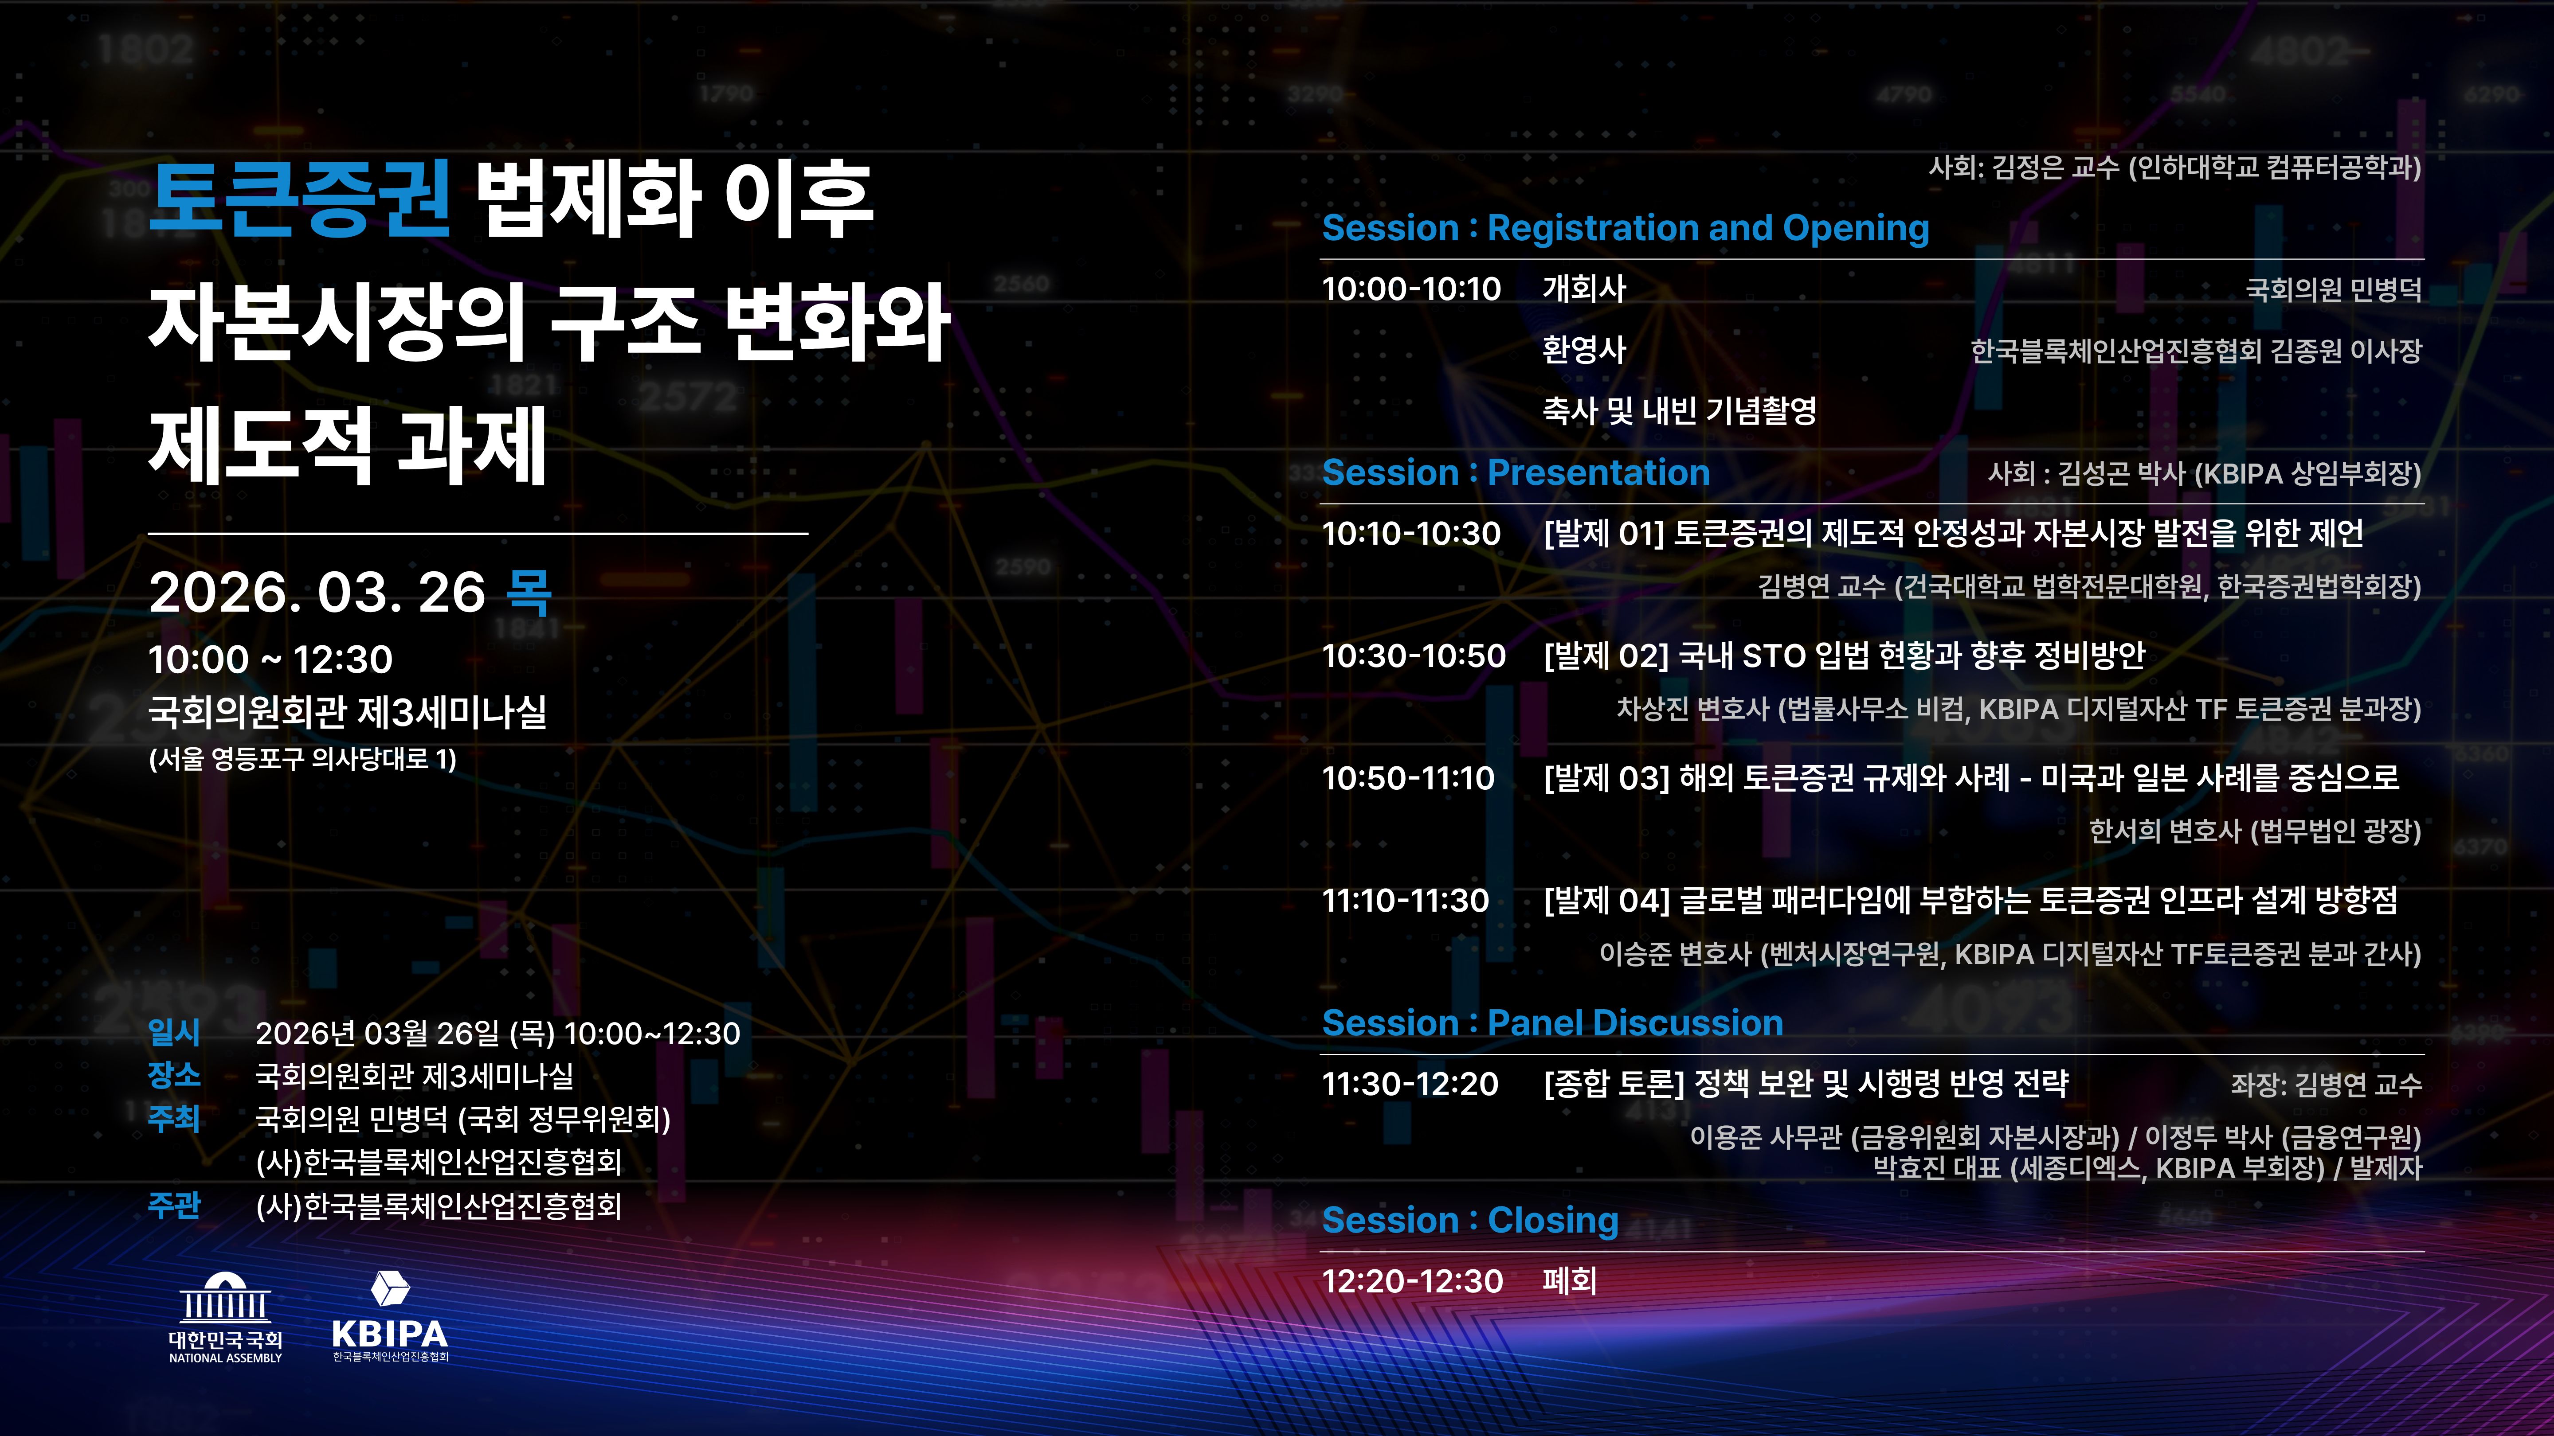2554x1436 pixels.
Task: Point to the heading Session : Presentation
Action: click(x=1516, y=473)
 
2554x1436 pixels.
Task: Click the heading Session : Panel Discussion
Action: click(x=1553, y=1023)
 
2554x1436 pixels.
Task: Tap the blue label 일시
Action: click(x=175, y=1033)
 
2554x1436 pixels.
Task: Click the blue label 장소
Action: click(x=175, y=1075)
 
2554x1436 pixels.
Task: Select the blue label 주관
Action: click(x=175, y=1205)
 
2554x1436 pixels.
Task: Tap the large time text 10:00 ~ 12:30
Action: click(x=270, y=659)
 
